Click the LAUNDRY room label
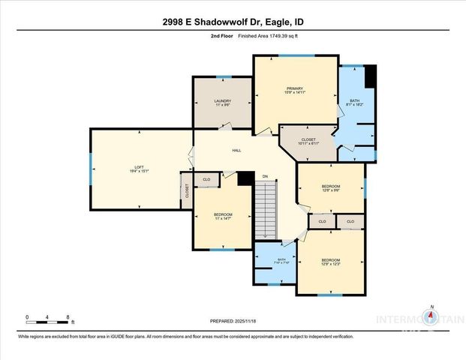(x=221, y=103)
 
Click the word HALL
(x=236, y=151)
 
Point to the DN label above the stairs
(x=264, y=177)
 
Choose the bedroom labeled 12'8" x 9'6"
(x=330, y=188)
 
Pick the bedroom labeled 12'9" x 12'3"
(x=330, y=262)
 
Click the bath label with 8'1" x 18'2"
(x=355, y=103)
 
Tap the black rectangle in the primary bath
(x=369, y=76)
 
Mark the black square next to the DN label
(x=245, y=178)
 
